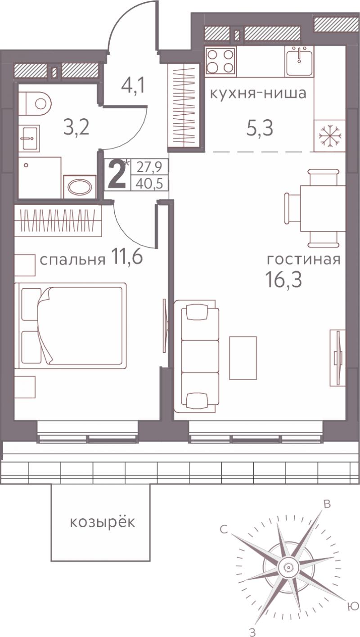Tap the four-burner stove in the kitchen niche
[221, 61]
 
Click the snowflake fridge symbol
[330, 135]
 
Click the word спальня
[72, 260]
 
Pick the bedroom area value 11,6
[127, 256]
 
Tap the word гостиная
[303, 260]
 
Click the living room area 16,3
[283, 279]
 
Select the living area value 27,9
[149, 166]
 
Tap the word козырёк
[103, 523]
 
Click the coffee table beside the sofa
[243, 358]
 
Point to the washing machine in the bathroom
[80, 187]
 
